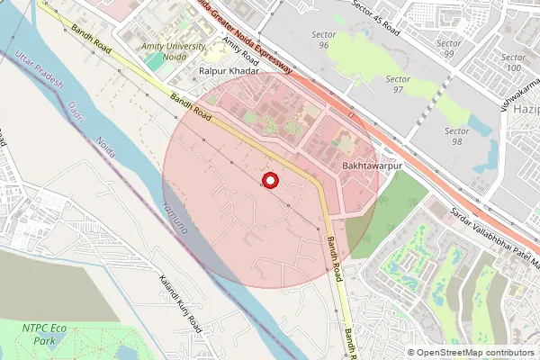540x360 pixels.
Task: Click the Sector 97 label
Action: [x=398, y=85]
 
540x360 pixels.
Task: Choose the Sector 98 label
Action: [x=457, y=136]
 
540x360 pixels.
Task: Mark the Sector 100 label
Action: [x=513, y=62]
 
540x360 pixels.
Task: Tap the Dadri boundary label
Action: [x=75, y=115]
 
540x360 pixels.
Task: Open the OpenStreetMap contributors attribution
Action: [x=474, y=353]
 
